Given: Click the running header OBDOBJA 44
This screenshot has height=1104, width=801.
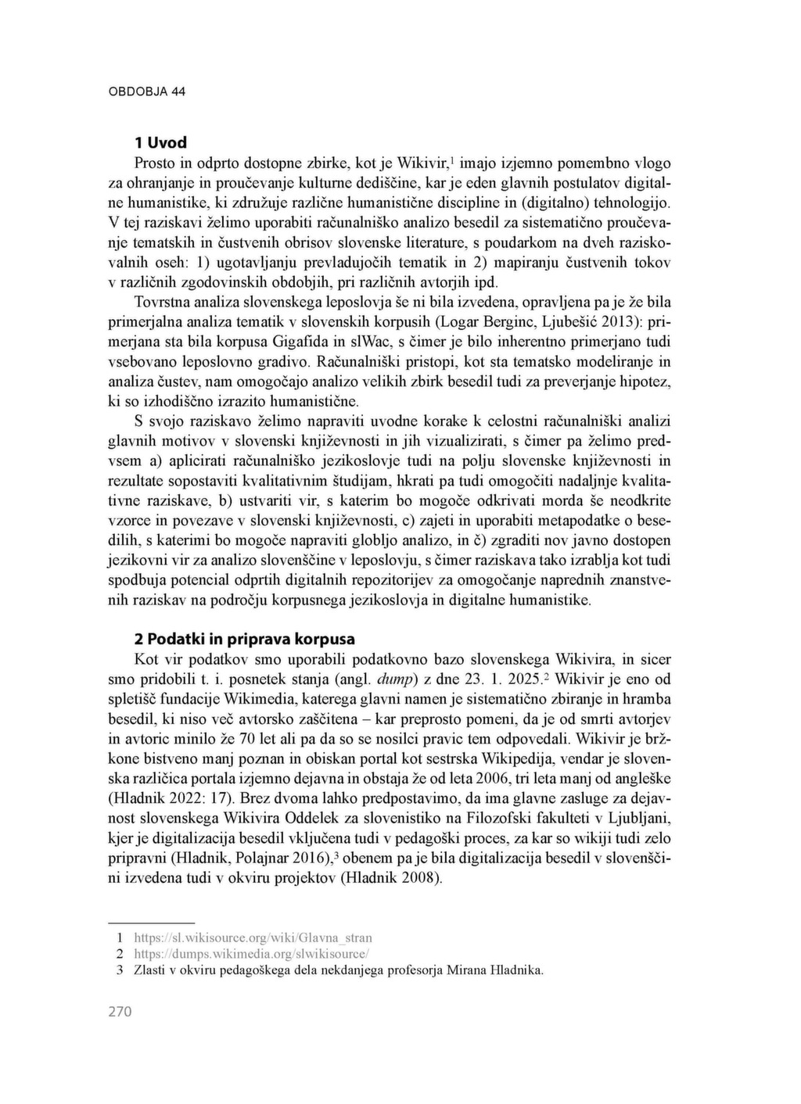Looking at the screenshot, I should (146, 91).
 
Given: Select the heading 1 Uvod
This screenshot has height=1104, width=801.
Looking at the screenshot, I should (160, 142).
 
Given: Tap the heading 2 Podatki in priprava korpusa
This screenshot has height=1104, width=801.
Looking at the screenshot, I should (244, 639).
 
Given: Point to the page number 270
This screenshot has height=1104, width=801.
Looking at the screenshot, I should (120, 1012).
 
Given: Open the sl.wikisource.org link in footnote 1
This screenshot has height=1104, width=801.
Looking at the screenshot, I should (253, 937).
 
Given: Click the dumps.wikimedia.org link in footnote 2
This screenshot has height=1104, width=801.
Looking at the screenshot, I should (251, 954).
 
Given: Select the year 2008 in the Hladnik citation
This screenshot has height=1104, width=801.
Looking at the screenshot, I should (418, 877).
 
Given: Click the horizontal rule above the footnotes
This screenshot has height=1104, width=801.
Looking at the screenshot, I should (150, 923).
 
